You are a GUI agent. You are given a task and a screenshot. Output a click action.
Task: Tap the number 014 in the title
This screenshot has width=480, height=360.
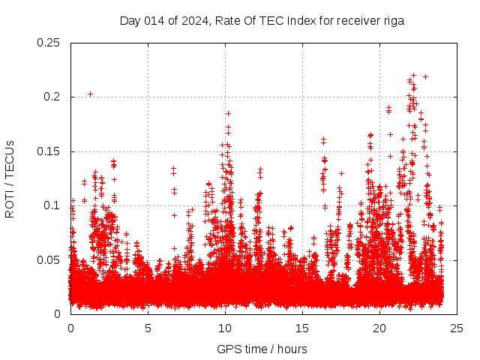[152, 21]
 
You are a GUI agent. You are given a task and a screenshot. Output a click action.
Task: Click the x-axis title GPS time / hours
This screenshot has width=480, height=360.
[262, 349]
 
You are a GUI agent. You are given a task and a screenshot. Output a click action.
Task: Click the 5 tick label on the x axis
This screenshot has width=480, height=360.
[148, 328]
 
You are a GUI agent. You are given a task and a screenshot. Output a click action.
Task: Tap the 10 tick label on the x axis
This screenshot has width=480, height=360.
[225, 328]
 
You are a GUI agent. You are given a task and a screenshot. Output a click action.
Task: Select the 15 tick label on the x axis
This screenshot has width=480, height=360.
[302, 328]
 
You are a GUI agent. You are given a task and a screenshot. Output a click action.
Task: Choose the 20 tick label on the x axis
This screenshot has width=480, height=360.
[379, 328]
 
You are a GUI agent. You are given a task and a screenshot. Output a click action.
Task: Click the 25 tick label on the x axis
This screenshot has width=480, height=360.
[457, 328]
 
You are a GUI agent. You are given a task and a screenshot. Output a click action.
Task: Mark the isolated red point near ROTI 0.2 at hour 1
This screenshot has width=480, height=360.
[90, 94]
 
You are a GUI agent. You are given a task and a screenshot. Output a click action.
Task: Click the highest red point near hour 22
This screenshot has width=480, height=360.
[413, 75]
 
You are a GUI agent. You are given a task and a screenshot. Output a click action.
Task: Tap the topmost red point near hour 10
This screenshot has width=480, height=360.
[228, 113]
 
